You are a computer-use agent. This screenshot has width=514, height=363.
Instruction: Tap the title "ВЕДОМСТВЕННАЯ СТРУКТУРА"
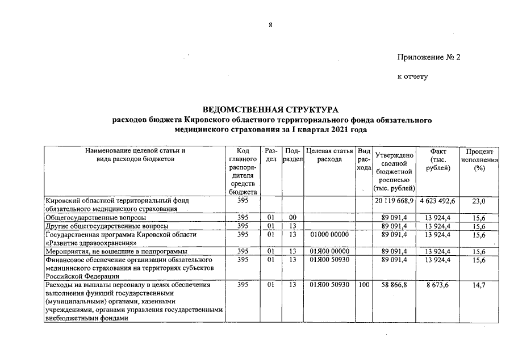270,109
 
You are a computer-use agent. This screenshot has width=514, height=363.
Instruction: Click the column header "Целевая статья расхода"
329,155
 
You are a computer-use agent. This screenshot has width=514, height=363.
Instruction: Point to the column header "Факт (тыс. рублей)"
438,160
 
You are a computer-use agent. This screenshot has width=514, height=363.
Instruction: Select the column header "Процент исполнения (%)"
478,160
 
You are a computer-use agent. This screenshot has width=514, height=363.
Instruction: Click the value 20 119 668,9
394,201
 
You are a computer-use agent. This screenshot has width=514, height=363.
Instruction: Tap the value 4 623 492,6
438,201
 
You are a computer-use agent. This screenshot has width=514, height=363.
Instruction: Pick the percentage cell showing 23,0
479,201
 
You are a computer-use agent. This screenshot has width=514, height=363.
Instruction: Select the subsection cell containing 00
292,217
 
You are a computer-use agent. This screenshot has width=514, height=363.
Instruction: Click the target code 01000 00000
330,234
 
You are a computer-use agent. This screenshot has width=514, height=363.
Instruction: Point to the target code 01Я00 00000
330,251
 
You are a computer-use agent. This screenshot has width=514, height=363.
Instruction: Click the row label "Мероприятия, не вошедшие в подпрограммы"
116,251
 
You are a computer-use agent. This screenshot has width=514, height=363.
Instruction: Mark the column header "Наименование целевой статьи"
135,151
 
